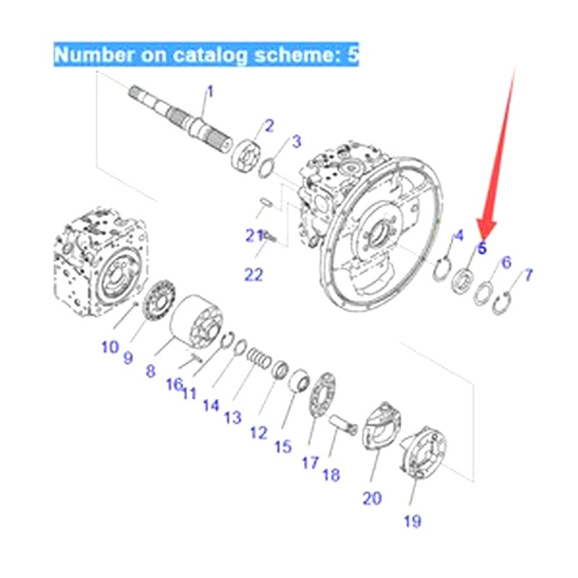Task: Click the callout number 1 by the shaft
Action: (x=210, y=92)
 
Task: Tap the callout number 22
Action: (x=254, y=274)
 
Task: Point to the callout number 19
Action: (x=413, y=520)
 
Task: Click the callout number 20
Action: (x=372, y=498)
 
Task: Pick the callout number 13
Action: (x=233, y=417)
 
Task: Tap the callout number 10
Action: (x=109, y=347)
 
